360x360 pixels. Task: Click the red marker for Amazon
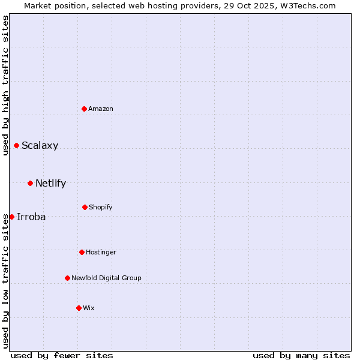click(x=85, y=109)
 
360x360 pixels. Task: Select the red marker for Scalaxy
click(x=16, y=145)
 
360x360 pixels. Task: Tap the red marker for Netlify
click(x=30, y=183)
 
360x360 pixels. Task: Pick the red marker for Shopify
click(x=85, y=207)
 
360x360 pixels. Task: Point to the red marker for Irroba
click(x=11, y=217)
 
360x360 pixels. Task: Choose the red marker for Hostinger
click(x=82, y=252)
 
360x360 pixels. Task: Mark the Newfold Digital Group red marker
click(x=67, y=278)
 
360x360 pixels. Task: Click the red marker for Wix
click(x=79, y=308)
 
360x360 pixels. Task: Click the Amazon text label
click(x=101, y=109)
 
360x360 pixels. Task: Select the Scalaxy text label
click(x=40, y=145)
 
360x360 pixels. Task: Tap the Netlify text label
click(x=50, y=183)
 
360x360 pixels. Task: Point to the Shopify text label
click(x=101, y=207)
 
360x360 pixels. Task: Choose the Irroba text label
click(x=31, y=217)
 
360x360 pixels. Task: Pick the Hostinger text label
click(x=101, y=252)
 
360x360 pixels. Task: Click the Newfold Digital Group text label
click(x=106, y=278)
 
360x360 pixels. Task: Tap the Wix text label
click(x=89, y=308)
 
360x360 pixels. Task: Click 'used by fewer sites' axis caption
click(x=62, y=355)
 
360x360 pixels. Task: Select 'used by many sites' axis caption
click(x=301, y=355)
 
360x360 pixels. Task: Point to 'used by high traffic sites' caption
click(x=5, y=85)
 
